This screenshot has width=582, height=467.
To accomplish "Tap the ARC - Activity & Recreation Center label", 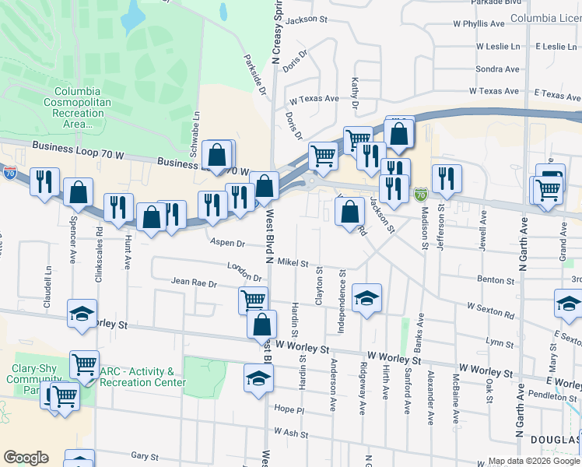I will [x=142, y=377].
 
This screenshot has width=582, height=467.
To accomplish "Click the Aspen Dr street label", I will [x=227, y=243].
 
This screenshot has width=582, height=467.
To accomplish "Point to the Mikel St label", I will [x=293, y=263].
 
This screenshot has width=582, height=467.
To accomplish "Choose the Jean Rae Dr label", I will [x=194, y=283].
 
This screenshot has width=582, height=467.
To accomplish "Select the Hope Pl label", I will [x=288, y=409].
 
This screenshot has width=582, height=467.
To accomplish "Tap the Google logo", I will [x=26, y=458].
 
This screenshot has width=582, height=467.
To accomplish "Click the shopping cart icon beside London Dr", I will [x=253, y=299].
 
